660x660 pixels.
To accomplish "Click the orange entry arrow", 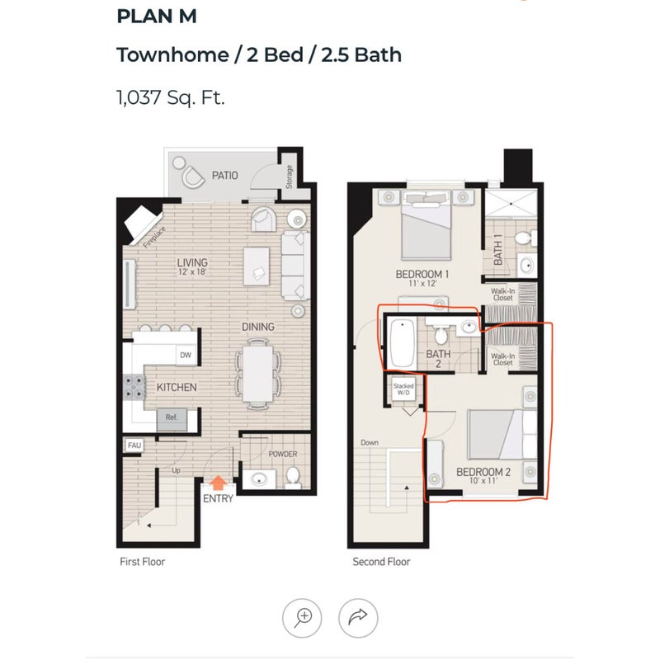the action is tap(218, 483).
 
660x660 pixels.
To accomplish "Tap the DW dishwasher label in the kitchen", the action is tap(186, 355).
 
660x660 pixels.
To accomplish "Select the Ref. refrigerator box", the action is tap(172, 419).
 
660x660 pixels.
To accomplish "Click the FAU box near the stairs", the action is tap(134, 445).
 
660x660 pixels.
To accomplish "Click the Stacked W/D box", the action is tap(403, 389).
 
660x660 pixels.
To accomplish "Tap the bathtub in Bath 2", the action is tap(402, 342).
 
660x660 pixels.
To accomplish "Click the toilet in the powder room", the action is tap(293, 478).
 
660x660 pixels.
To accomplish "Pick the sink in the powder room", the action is tap(259, 479).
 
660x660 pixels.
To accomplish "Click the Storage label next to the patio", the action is tap(290, 177).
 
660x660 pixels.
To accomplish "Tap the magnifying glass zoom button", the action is tap(302, 618).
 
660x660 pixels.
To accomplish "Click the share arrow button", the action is tap(358, 618).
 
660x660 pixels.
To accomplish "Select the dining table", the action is tap(257, 374).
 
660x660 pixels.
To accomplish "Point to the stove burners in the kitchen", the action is tap(134, 387).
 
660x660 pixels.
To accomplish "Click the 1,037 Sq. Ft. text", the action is tap(171, 97).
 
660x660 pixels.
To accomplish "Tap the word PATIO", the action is tap(224, 175).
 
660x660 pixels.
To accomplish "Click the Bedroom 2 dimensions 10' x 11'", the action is tap(483, 481).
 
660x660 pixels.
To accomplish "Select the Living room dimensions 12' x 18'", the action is tap(192, 272).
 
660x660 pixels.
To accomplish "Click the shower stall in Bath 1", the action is tap(511, 204).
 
